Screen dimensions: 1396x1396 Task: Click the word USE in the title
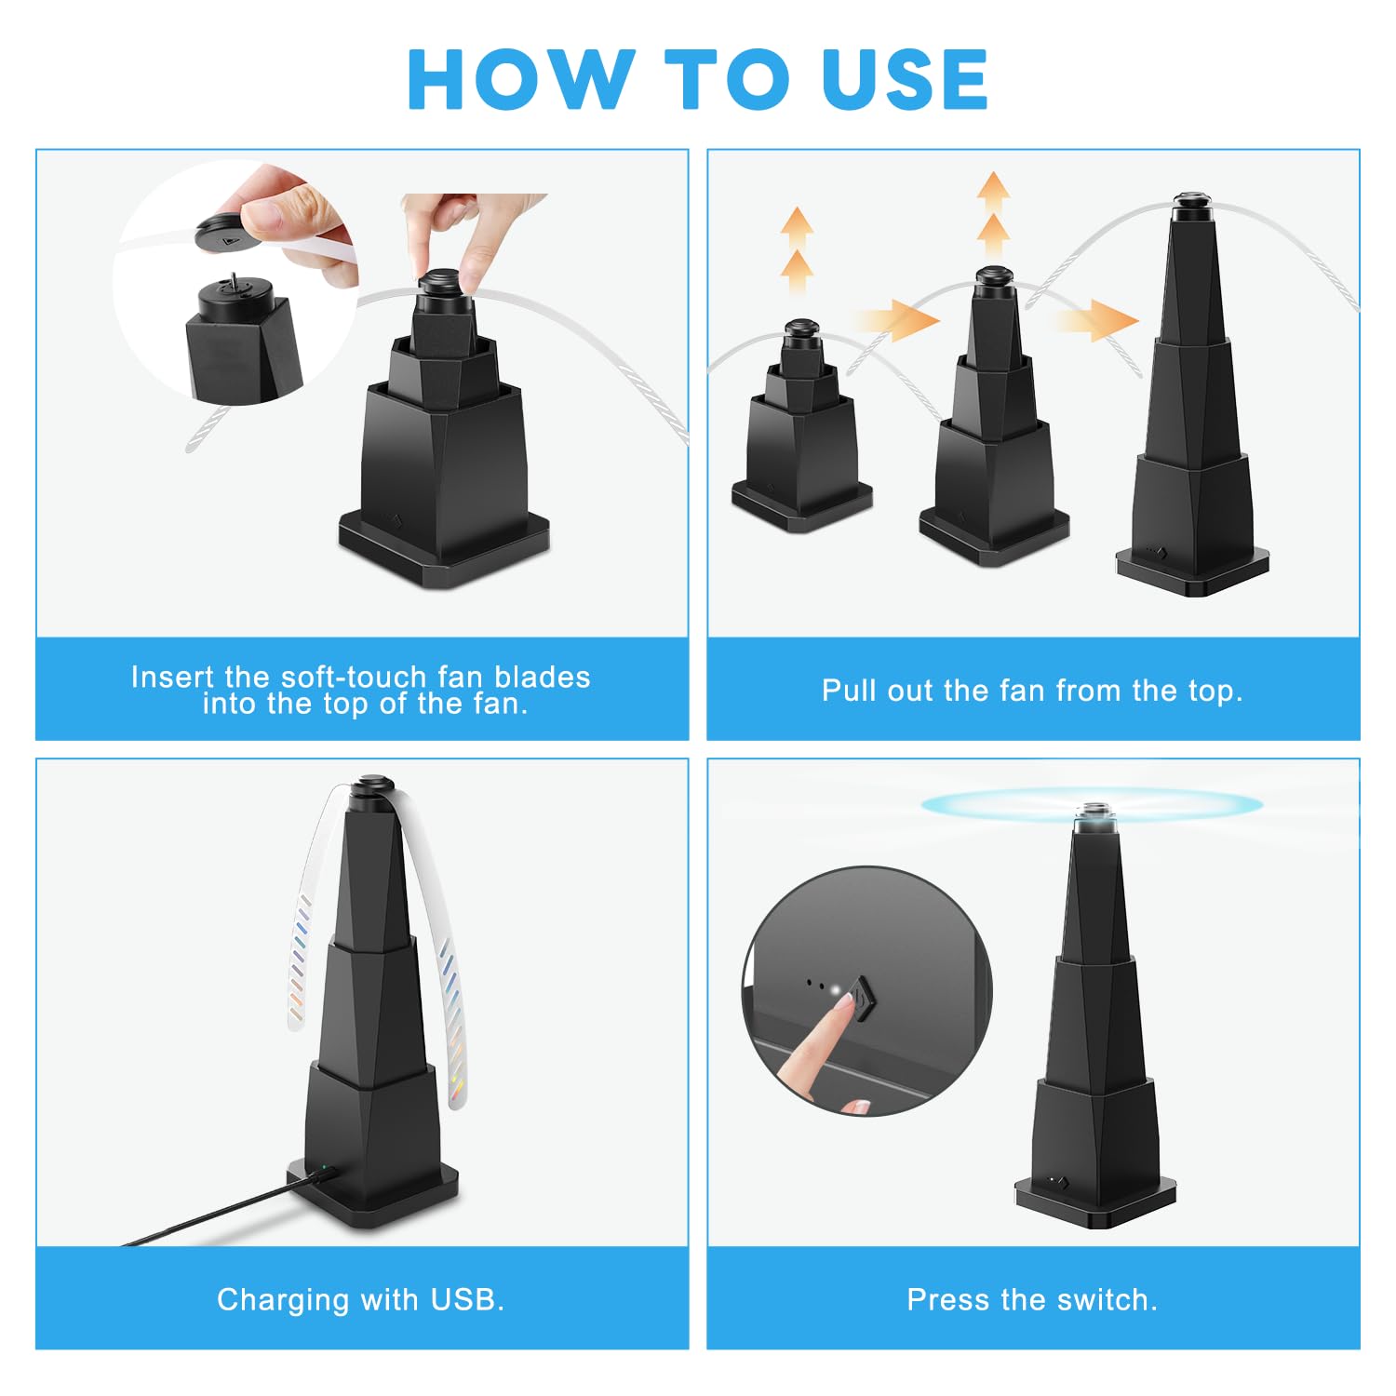[x=905, y=80]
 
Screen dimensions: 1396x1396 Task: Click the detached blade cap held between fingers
[x=223, y=235]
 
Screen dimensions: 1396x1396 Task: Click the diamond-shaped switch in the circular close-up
[x=864, y=998]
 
